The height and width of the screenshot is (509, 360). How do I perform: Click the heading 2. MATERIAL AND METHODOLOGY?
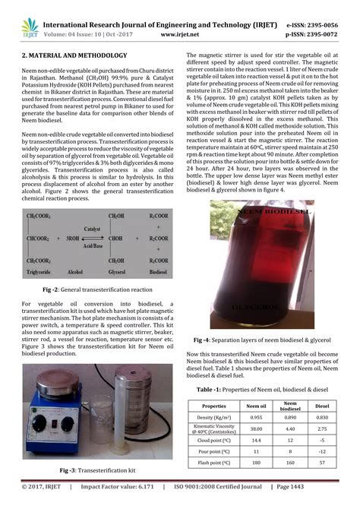tap(74, 57)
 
